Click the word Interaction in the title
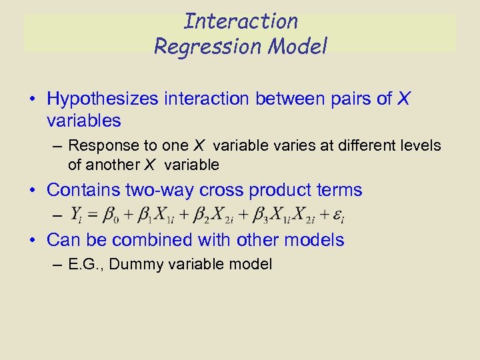241,21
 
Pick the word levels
417,145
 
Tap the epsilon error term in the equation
340,215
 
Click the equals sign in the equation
93,215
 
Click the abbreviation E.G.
85,265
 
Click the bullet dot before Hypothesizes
33,100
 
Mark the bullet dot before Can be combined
33,241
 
